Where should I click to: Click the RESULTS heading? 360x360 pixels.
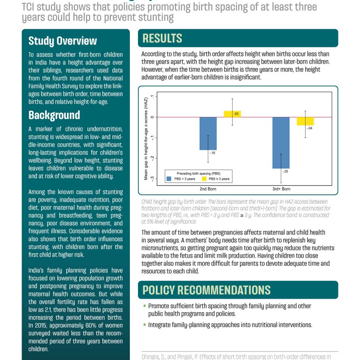[x=162, y=39]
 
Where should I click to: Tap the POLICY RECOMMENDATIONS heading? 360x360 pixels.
[x=206, y=290]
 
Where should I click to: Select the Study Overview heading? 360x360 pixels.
[x=63, y=41]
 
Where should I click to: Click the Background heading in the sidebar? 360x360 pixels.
[x=54, y=115]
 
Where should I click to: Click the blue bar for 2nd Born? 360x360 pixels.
[x=208, y=134]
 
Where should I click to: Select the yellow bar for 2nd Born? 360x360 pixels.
[x=232, y=114]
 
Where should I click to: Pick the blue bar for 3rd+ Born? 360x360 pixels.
[x=280, y=142]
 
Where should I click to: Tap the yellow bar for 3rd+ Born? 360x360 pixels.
[x=305, y=121]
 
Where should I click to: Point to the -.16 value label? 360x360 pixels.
[x=212, y=153]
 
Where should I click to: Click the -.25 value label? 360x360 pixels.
[x=285, y=171]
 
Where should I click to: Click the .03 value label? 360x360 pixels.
[x=236, y=114]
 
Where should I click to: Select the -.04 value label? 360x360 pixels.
[x=309, y=128]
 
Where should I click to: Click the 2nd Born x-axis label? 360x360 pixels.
[x=208, y=189]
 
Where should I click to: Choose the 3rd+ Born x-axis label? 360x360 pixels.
[x=281, y=189]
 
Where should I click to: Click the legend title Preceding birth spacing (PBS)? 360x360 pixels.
[x=198, y=173]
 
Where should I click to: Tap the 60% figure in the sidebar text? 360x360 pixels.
[x=91, y=326]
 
